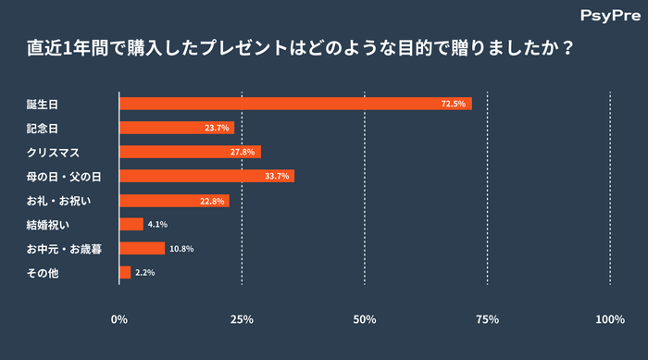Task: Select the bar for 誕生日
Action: coord(295,104)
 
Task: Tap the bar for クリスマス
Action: coord(190,152)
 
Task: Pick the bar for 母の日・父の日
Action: coord(206,176)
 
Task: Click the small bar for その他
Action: coord(125,272)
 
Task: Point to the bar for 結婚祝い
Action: coord(131,224)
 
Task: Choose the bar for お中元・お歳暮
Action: coord(142,248)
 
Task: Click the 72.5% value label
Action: coord(454,104)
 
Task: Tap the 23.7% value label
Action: coord(218,128)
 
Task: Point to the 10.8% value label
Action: coord(181,248)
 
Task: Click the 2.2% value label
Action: coord(144,272)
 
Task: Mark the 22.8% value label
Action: coord(213,200)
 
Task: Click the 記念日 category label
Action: coord(43,128)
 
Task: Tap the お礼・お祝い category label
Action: coord(57,200)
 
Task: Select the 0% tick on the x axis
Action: coord(119,319)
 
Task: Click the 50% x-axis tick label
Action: coord(365,319)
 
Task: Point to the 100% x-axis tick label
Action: coord(610,319)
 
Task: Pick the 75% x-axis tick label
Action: coord(487,319)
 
